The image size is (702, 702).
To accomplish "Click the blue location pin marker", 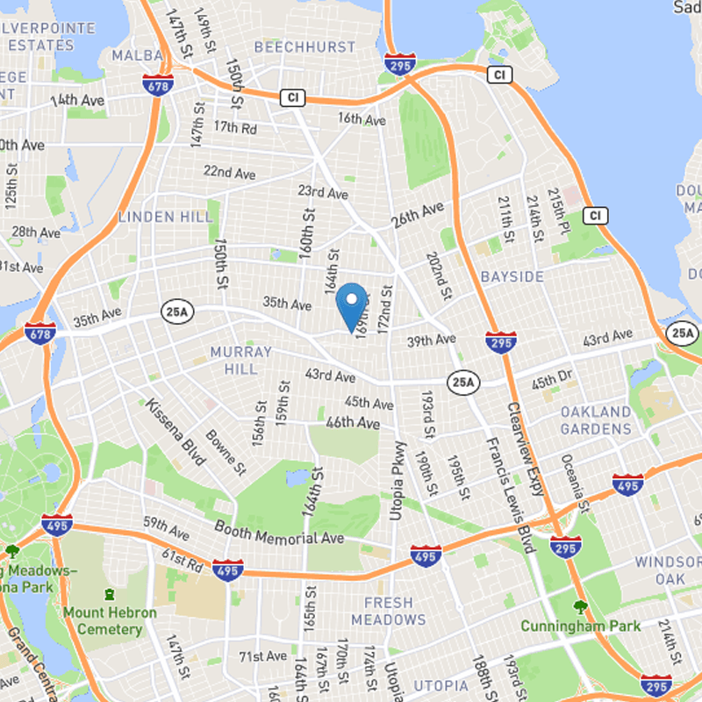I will [352, 304].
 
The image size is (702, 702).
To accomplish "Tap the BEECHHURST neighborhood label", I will [304, 47].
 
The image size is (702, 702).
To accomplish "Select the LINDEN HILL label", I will [166, 216].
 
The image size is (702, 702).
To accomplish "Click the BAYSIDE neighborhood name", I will [512, 276].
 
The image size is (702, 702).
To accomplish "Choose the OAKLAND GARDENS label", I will [597, 420].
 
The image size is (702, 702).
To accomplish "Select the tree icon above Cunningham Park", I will [580, 605].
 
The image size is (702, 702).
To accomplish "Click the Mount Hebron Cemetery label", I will [110, 620].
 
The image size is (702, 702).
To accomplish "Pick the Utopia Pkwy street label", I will [398, 479].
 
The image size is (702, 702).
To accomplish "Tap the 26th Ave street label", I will [419, 216].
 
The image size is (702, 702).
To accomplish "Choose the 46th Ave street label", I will [351, 423].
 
